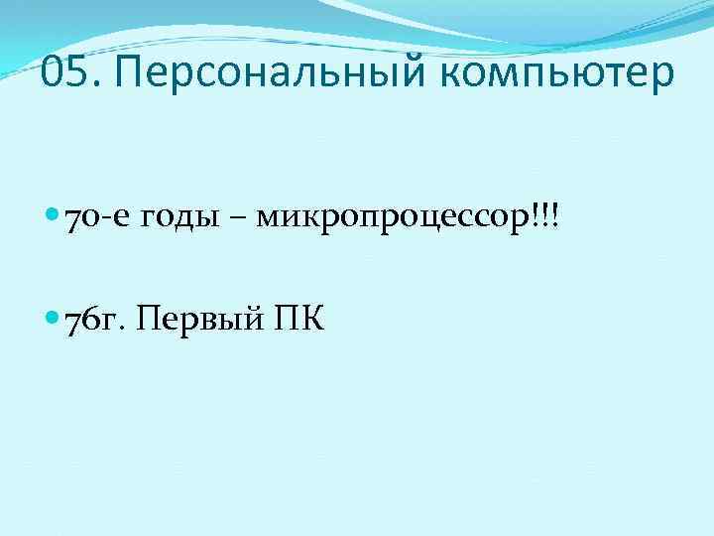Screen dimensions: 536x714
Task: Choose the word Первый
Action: point(196,320)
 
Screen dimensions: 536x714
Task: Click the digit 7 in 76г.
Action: point(72,320)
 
